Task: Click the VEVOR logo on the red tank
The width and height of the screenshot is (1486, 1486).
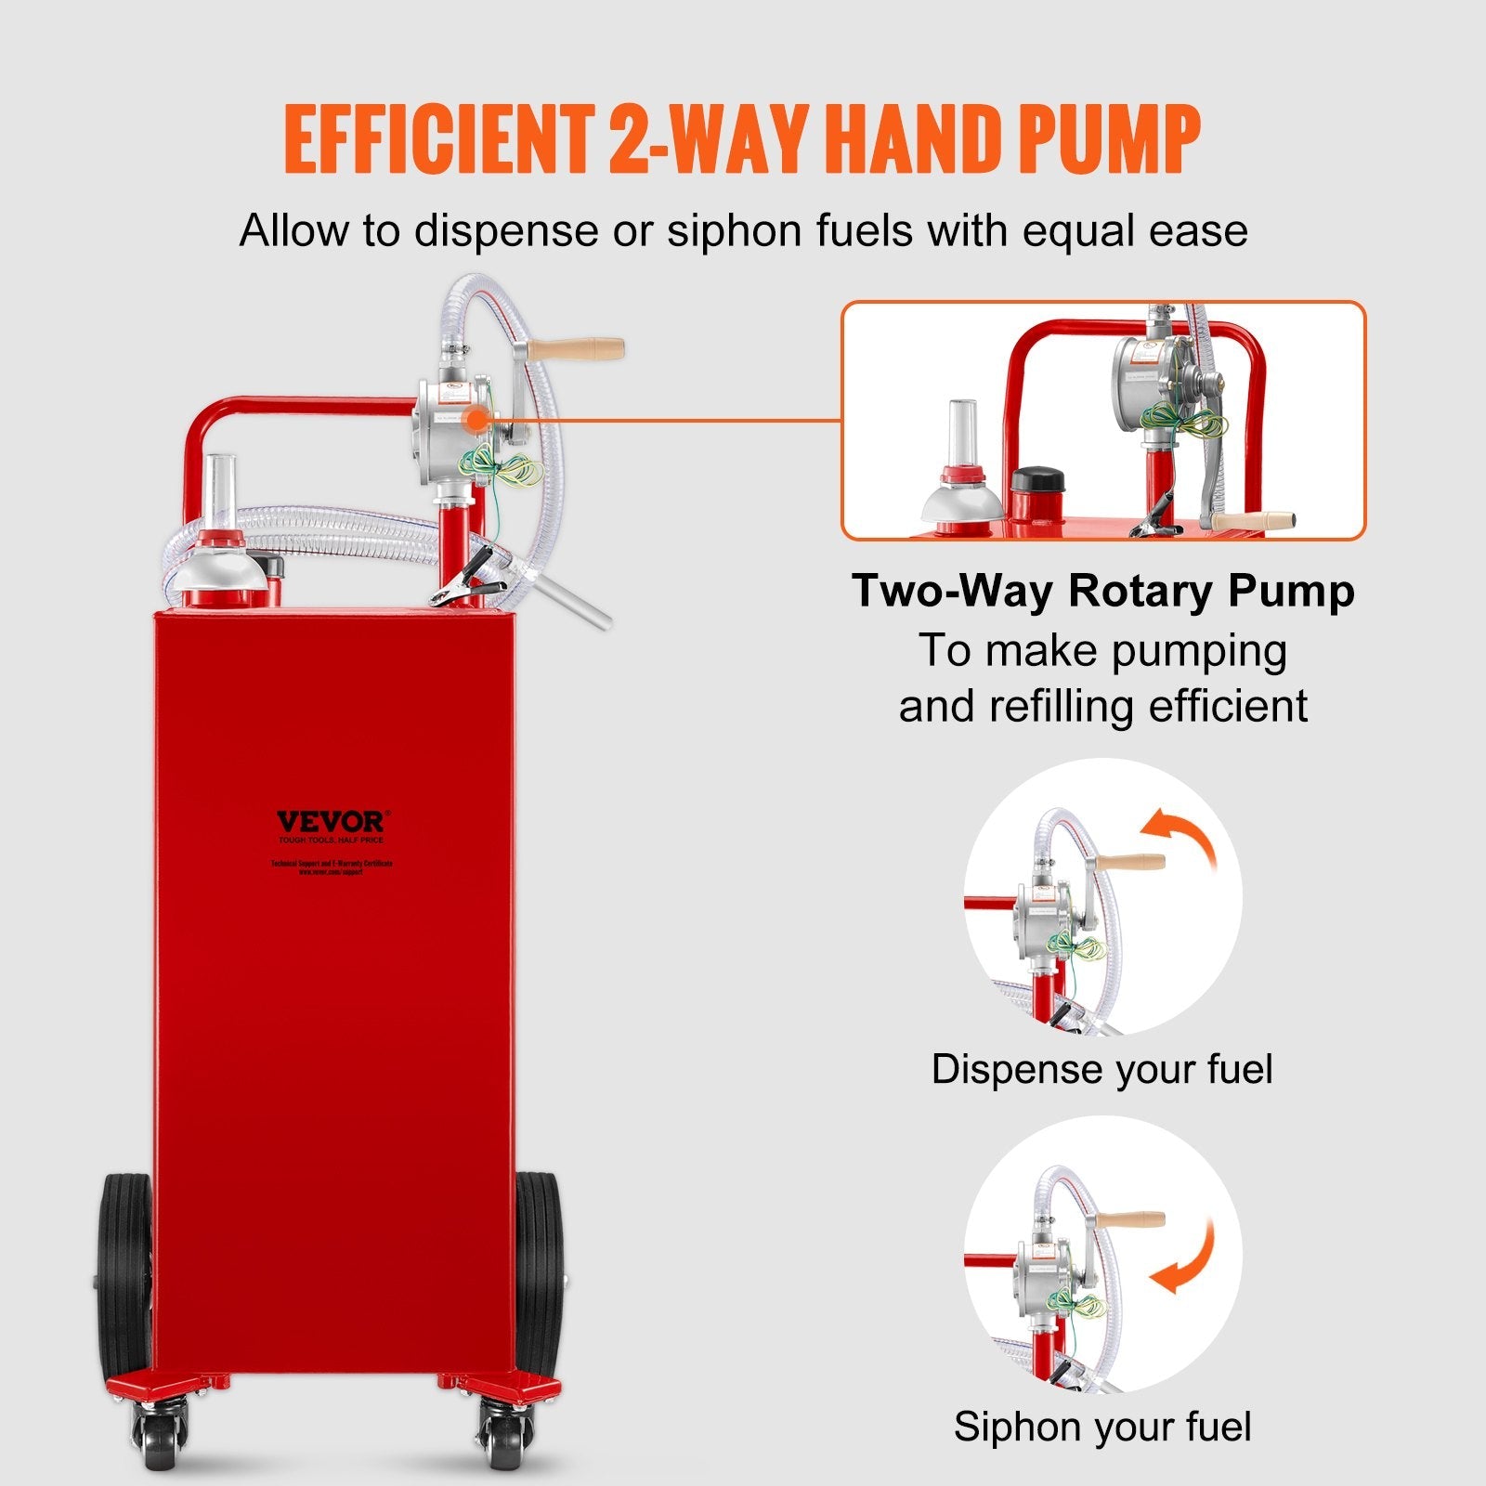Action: coord(330,822)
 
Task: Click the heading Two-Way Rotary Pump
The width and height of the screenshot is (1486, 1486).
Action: coord(1102,591)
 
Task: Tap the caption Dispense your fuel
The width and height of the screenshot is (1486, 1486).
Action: coord(1101,1069)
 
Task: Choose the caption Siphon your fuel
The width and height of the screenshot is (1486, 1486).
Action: coord(1101,1427)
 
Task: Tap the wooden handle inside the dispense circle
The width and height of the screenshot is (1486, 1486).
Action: coord(1128,862)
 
